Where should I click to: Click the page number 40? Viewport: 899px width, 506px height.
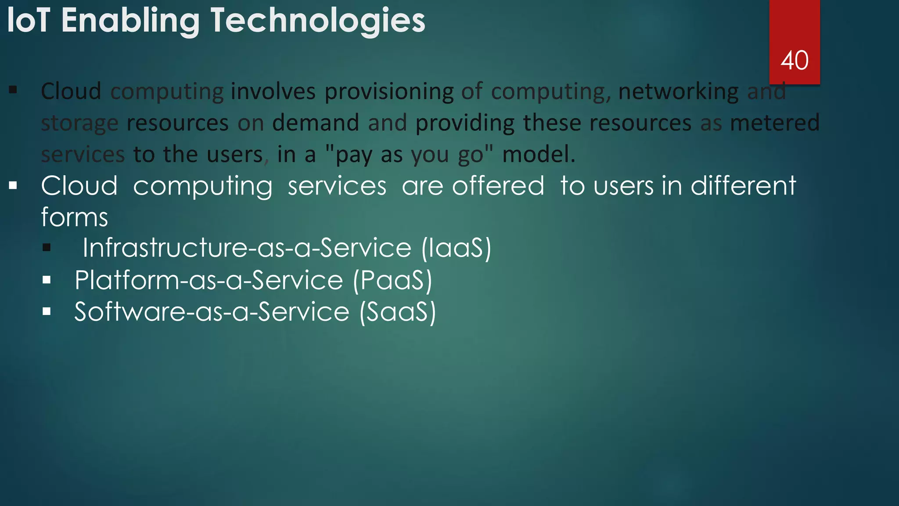[x=794, y=61]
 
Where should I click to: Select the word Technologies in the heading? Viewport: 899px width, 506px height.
[x=318, y=21]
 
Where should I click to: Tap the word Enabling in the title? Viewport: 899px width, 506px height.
[x=130, y=21]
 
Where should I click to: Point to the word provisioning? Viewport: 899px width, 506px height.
[x=389, y=92]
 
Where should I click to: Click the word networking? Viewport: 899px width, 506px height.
[x=678, y=92]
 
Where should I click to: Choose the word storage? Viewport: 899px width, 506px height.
[x=79, y=123]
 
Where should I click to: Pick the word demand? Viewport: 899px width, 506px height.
[x=316, y=123]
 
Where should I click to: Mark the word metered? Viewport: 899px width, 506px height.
[x=775, y=123]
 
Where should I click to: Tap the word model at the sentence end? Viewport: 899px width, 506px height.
[x=538, y=154]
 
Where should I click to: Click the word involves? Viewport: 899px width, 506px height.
[x=273, y=91]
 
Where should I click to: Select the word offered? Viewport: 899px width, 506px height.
[x=498, y=186]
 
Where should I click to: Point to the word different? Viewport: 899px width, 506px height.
[x=743, y=186]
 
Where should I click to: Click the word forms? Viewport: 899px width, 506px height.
[x=75, y=217]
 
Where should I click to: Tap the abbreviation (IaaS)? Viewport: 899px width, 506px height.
[x=456, y=248]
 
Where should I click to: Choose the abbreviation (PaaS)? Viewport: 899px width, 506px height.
[x=392, y=280]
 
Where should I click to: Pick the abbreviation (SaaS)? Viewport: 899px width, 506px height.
[x=398, y=312]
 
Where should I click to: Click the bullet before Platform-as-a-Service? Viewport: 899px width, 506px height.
[x=47, y=280]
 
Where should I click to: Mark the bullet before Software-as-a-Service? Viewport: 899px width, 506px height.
[x=47, y=311]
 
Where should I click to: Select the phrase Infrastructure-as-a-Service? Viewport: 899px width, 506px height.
[x=247, y=248]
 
